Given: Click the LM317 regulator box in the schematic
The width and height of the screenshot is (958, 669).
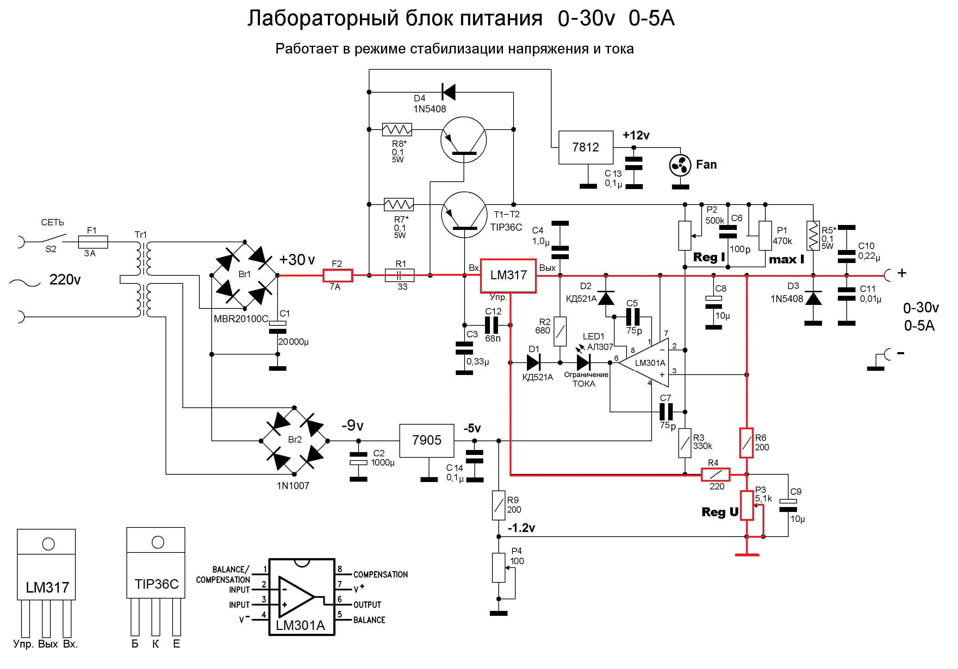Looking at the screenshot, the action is click(508, 276).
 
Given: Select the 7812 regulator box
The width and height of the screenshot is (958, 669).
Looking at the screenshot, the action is click(586, 147).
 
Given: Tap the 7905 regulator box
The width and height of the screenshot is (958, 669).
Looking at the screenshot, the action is click(427, 440).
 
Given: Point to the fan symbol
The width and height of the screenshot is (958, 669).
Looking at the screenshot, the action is click(680, 165).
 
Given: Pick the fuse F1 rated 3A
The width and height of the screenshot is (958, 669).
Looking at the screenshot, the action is click(93, 242).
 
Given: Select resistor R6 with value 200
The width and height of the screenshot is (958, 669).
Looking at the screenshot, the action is click(746, 443).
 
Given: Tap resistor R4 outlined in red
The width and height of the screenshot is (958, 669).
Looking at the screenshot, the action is click(716, 474).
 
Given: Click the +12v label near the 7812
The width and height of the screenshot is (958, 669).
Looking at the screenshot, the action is click(636, 135).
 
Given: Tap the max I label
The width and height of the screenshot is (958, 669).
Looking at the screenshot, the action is click(786, 260).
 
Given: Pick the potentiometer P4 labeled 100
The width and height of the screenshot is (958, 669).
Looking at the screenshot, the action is click(499, 568).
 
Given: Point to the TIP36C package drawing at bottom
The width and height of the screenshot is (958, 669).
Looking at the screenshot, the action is click(156, 581).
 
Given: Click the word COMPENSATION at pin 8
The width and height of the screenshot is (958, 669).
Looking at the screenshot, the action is click(380, 575).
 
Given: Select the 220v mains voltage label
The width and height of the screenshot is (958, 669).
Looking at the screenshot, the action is click(65, 280).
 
